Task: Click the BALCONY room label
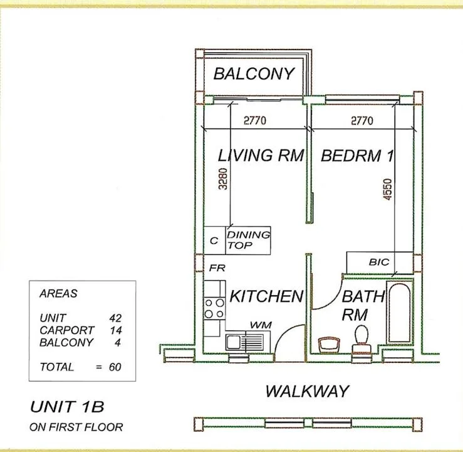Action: point(254,73)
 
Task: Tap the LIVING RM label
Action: point(261,155)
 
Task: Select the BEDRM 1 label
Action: point(357,156)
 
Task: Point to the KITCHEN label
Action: point(266,296)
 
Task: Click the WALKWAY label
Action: point(307,391)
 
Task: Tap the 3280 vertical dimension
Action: point(223,179)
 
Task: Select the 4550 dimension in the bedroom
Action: point(387,189)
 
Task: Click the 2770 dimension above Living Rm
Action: point(255,121)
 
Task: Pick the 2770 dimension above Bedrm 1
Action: point(362,121)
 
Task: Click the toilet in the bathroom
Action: point(362,340)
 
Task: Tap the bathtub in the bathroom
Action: point(400,313)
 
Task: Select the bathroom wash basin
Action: point(329,345)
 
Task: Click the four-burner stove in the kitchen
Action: point(214,308)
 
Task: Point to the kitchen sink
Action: point(244,342)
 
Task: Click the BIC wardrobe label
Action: point(379,262)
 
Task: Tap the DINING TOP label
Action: point(248,240)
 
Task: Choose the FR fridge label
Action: point(217,268)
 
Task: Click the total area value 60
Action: point(115,367)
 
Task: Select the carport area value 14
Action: point(116,330)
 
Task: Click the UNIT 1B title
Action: point(67,407)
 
